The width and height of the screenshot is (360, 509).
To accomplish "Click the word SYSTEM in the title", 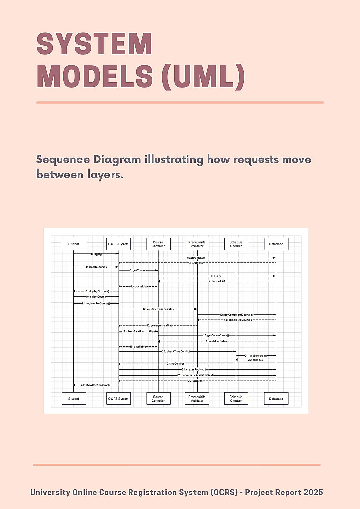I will point(95,44).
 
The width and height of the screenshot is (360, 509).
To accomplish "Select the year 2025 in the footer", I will point(311,492).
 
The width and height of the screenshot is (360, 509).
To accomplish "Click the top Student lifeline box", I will point(74,244).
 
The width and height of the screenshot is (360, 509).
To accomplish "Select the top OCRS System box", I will point(118,244).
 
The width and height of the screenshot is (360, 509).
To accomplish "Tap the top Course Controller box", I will point(158,244).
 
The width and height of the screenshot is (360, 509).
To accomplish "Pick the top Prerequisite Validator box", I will point(197,244).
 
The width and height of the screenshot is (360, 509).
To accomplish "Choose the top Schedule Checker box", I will point(236,244).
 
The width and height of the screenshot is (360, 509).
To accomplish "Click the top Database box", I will point(276,244).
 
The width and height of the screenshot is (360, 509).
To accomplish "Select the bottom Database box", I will point(276,399).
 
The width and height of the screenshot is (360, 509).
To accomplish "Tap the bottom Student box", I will point(74,399).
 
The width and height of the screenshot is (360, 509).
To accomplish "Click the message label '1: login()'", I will point(96,253).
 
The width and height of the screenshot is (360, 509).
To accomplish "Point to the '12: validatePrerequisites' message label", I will point(158,309).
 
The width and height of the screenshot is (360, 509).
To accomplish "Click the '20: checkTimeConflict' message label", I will point(176,351).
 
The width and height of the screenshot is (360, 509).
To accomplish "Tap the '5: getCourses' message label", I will point(138,270).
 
